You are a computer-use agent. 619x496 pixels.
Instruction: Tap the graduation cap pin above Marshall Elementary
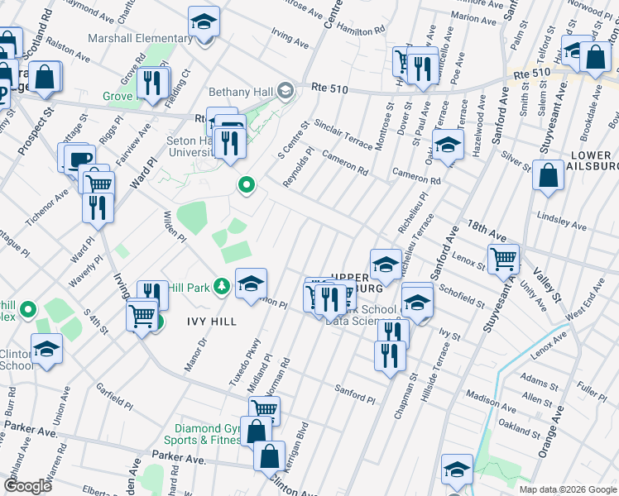[x=204, y=23]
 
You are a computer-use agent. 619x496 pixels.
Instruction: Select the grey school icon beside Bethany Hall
[x=285, y=89]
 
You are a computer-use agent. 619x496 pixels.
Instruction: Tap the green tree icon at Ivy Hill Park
[x=221, y=286]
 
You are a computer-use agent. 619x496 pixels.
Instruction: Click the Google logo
[x=28, y=486]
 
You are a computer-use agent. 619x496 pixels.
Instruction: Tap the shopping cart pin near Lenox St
[x=503, y=260]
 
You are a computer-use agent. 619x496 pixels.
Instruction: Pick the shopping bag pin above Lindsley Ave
[x=548, y=176]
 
